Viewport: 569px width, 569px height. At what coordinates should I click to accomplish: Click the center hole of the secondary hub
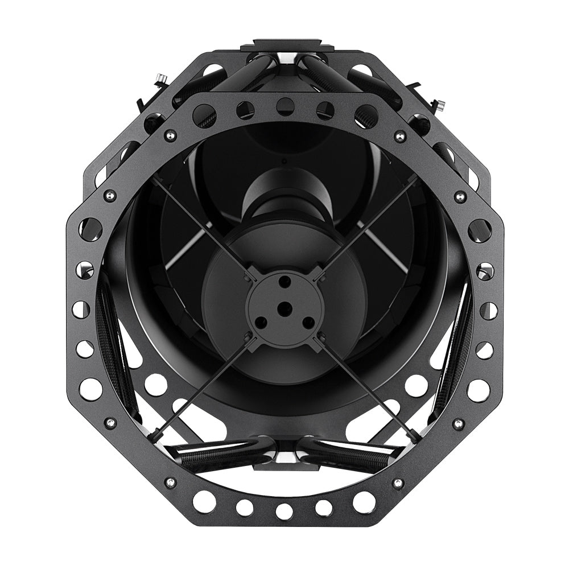283,307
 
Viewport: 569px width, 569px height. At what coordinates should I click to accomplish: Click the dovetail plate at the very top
284,46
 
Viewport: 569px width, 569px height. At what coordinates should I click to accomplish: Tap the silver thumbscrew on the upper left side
161,78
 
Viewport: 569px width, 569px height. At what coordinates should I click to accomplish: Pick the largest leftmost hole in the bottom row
203,500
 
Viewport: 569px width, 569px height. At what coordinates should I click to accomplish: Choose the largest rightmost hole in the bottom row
364,501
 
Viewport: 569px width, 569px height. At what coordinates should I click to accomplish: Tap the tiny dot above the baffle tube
283,161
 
